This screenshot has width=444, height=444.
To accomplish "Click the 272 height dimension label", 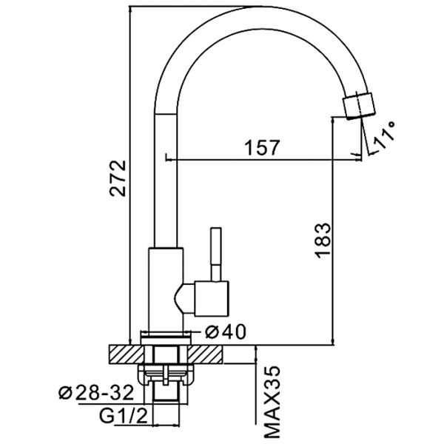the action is pos(118,178).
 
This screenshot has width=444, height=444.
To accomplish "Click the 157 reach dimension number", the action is pos(262,147).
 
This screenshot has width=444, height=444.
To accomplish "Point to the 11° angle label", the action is pos(384,135).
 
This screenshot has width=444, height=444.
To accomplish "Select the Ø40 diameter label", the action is pos(226,332).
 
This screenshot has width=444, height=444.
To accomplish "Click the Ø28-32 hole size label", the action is pos(96,393).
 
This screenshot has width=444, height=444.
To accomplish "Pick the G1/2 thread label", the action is pos(124,416).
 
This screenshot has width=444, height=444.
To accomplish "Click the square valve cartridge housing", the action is pos(212,298).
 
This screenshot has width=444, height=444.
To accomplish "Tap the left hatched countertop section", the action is pos(127,354).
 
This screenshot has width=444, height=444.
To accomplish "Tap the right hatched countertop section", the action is pos(205,354).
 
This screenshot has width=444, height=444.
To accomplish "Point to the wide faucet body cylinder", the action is pos(166,289).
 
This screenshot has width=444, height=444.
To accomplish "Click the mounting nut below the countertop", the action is pos(166,374).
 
